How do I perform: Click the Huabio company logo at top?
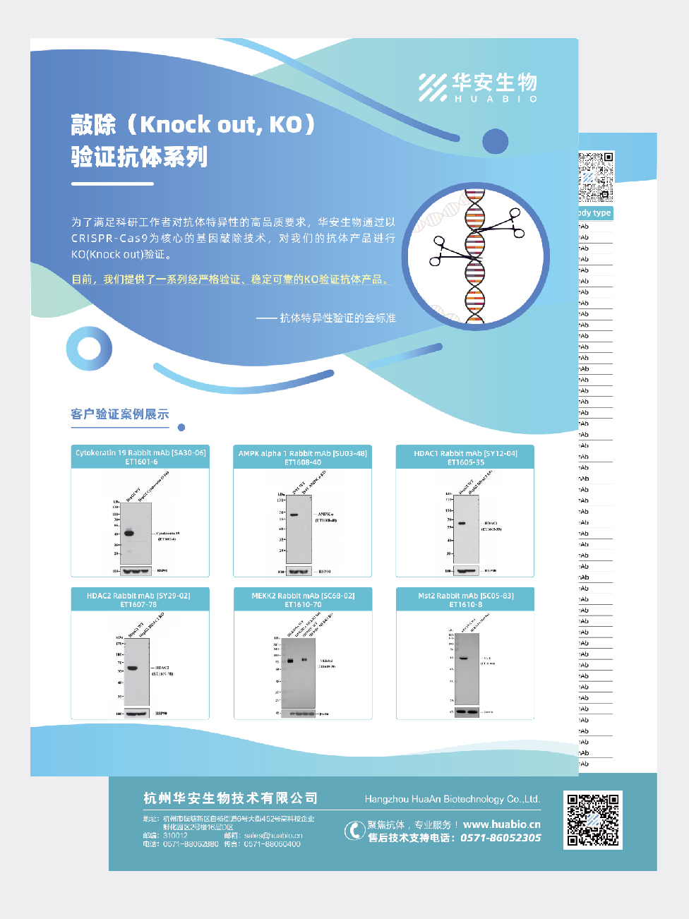pyautogui.click(x=478, y=88)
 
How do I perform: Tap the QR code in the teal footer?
pyautogui.click(x=593, y=819)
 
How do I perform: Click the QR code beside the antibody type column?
pyautogui.click(x=596, y=176)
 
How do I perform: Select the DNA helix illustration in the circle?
pyautogui.click(x=475, y=256)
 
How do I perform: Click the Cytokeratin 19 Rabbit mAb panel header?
pyautogui.click(x=140, y=457)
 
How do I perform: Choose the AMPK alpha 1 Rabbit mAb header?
pyautogui.click(x=302, y=457)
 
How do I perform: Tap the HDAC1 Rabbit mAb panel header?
pyautogui.click(x=465, y=457)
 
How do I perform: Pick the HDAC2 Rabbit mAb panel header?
pyautogui.click(x=138, y=600)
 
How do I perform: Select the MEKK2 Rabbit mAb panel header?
pyautogui.click(x=303, y=600)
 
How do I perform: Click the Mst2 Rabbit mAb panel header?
pyautogui.click(x=465, y=600)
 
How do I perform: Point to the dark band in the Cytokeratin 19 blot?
pyautogui.click(x=129, y=533)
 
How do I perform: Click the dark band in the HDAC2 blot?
pyautogui.click(x=132, y=668)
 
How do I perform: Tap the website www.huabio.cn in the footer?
pyautogui.click(x=502, y=824)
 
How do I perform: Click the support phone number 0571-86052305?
pyautogui.click(x=501, y=838)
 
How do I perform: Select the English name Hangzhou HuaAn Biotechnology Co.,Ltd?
pyautogui.click(x=452, y=799)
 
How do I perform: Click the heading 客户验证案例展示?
pyautogui.click(x=120, y=414)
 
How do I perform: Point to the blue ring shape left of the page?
pyautogui.click(x=89, y=349)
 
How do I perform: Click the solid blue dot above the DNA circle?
pyautogui.click(x=495, y=142)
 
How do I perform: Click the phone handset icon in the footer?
pyautogui.click(x=354, y=831)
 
